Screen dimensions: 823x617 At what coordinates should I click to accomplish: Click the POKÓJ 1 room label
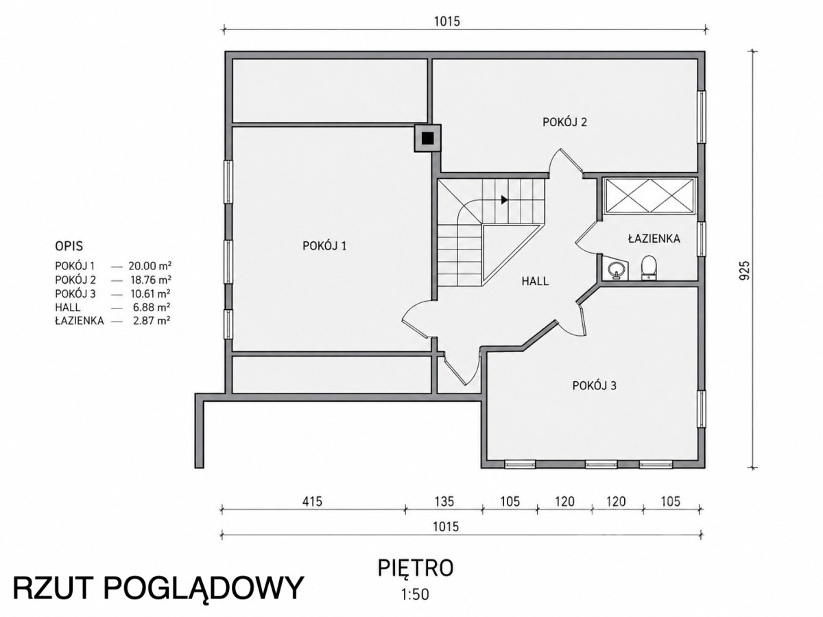(324, 245)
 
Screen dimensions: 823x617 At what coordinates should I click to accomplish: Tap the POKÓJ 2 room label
(564, 122)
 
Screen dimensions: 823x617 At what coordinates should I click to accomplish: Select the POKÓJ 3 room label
(595, 385)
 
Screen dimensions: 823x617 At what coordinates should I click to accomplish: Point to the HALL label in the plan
(535, 281)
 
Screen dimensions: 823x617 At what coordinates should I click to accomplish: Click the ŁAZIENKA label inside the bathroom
(654, 239)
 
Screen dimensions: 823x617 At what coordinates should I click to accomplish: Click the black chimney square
(427, 138)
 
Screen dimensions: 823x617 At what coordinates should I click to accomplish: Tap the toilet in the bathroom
(649, 267)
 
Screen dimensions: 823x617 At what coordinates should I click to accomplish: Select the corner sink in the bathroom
(615, 269)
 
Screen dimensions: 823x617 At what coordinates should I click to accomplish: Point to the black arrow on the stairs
(504, 199)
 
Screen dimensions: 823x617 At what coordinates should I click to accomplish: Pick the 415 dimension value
(312, 501)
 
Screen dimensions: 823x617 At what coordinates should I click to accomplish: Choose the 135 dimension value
(444, 501)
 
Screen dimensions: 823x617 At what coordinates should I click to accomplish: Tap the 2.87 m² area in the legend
(152, 321)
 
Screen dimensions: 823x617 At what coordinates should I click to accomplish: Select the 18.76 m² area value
(151, 280)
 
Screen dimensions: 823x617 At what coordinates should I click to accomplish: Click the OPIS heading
(69, 246)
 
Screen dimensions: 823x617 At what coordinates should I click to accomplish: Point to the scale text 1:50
(415, 594)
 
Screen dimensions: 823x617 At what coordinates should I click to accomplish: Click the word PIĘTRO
(416, 568)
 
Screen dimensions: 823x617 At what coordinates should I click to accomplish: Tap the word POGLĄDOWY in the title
(203, 590)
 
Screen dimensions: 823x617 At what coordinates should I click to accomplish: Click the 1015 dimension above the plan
(447, 21)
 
